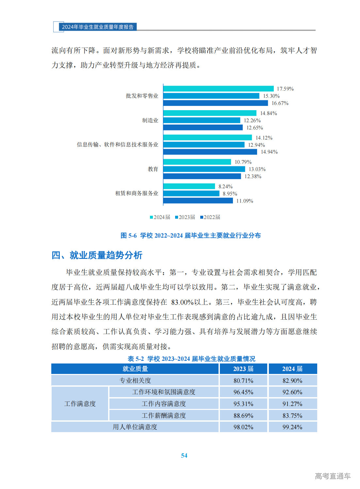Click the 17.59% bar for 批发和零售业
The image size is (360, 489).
218,89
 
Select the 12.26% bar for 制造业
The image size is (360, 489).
202,120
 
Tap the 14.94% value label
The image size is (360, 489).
269,152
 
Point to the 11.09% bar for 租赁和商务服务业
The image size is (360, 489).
198,201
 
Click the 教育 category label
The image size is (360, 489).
153,169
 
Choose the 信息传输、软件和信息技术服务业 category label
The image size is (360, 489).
118,144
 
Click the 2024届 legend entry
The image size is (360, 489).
160,217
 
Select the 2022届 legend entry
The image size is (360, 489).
210,217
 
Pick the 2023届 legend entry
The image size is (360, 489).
185,217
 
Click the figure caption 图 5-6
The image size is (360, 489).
190,235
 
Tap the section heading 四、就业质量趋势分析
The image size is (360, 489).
97,255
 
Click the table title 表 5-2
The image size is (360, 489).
191,359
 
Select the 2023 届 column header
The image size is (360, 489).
243,369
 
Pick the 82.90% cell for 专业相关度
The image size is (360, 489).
292,380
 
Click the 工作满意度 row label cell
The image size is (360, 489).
80,404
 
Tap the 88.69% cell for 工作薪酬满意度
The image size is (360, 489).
243,415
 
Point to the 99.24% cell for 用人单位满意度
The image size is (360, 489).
292,427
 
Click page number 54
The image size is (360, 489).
184,455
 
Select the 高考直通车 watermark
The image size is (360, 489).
333,476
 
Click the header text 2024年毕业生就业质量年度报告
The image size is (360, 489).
98,27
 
